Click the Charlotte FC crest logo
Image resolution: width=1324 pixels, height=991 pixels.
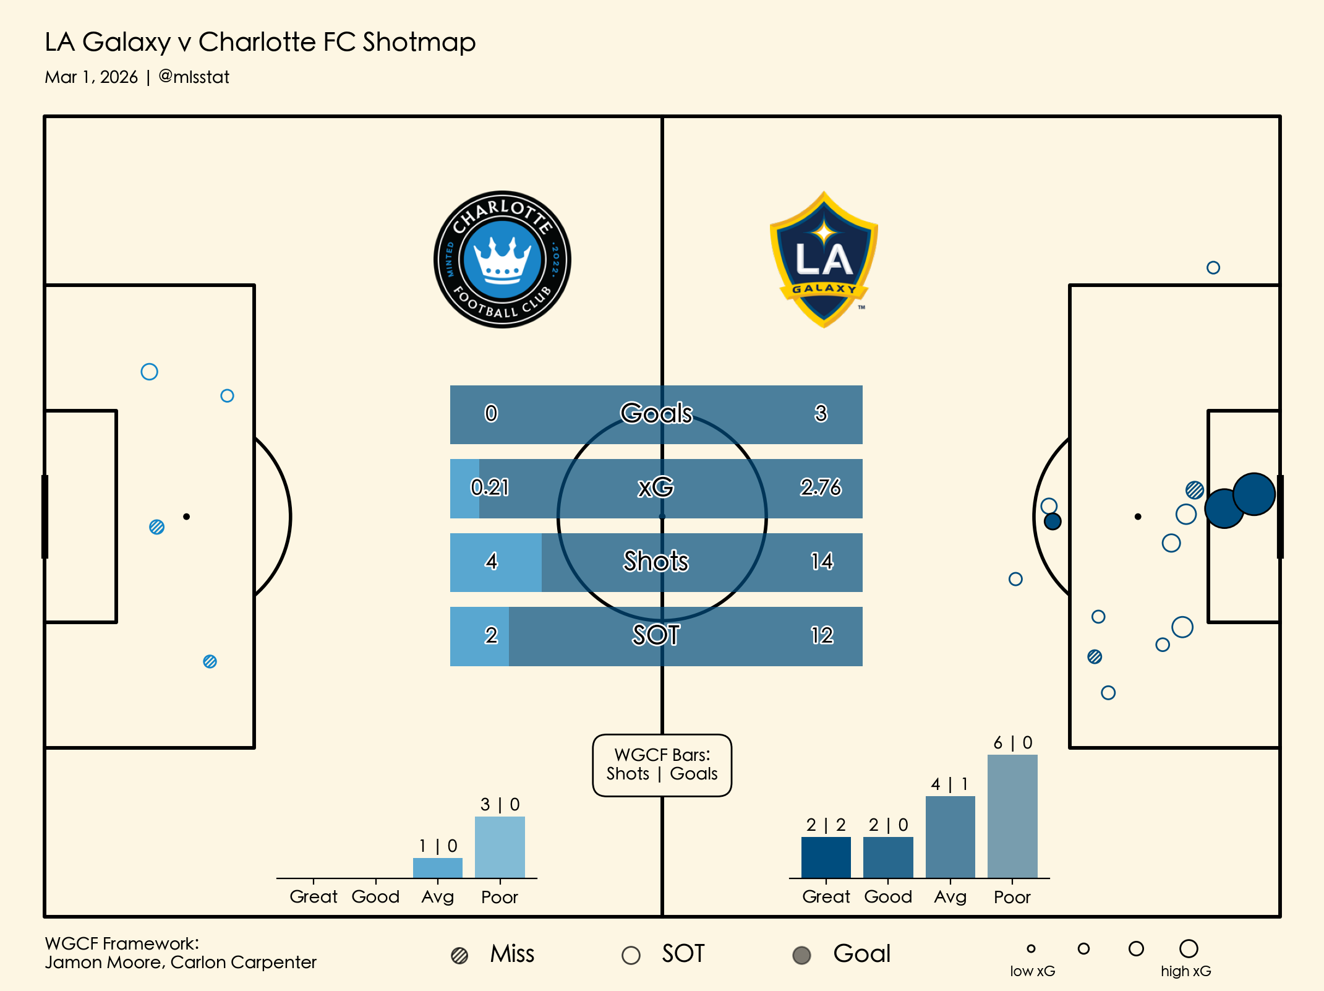point(502,259)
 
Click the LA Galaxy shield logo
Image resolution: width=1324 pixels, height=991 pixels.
point(824,260)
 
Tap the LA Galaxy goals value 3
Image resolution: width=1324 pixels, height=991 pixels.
point(821,413)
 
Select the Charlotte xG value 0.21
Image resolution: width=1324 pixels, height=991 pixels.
point(490,487)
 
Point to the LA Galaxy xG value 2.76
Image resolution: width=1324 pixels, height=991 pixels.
point(821,487)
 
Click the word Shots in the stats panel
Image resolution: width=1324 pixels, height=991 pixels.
point(656,561)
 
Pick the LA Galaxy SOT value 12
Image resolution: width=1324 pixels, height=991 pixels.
point(822,635)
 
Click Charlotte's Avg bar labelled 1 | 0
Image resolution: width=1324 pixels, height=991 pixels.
point(438,867)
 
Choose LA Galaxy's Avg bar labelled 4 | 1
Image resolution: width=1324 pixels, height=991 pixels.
point(950,836)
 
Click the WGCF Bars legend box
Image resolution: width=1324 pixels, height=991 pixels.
point(662,765)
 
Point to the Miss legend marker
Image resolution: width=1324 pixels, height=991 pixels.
point(459,955)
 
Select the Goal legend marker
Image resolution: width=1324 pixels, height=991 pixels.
point(801,955)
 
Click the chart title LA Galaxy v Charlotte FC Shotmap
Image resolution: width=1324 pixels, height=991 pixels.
point(260,42)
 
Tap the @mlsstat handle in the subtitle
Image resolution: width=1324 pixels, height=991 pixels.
point(194,77)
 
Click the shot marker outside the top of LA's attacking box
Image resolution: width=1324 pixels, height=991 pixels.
point(1213,268)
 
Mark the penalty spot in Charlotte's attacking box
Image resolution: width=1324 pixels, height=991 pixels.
point(186,517)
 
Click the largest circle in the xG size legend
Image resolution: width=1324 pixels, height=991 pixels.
point(1189,948)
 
